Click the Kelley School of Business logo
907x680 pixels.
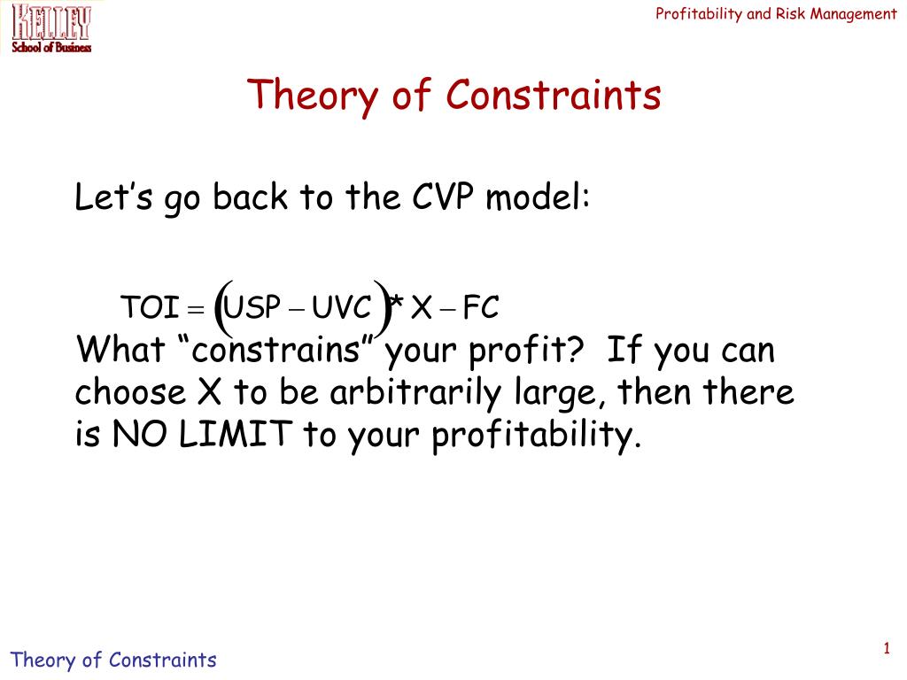point(50,27)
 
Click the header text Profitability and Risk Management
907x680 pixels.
point(776,13)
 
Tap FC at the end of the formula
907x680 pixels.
point(482,308)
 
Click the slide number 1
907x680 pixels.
point(885,651)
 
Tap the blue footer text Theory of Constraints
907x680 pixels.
point(112,660)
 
